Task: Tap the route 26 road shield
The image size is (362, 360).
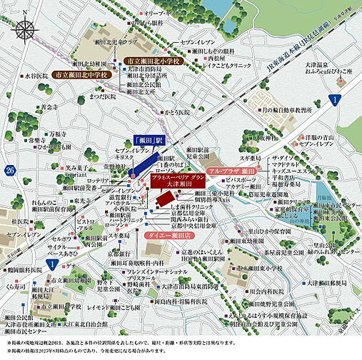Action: coord(9,169)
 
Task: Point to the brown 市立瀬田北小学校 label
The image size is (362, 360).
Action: coord(154,62)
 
